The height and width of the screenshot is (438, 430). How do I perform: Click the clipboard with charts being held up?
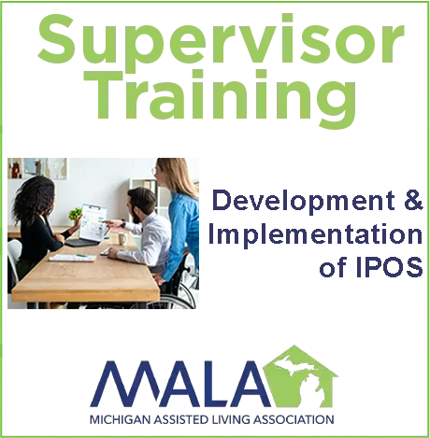(93, 222)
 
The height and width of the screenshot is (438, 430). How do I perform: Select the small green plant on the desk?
(76, 216)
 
